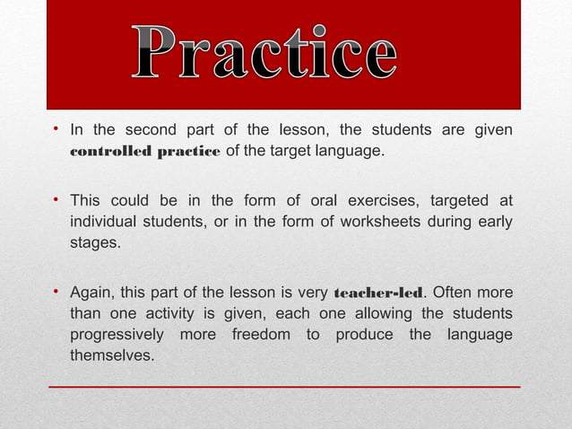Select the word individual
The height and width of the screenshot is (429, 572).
coord(105,221)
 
